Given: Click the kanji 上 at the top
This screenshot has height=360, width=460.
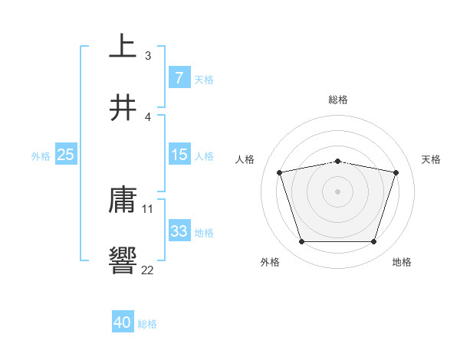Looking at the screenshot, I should tap(123, 47).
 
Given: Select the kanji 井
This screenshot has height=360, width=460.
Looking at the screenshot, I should tap(123, 108).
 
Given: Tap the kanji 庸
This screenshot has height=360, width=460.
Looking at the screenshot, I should tap(123, 200).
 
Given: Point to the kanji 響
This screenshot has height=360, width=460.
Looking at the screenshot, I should tap(123, 261).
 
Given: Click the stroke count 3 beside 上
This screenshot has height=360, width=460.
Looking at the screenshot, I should tap(148, 56).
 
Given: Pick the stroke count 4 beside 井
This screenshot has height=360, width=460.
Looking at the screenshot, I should tap(148, 117).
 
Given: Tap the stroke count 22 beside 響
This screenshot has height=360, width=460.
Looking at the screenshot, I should tap(148, 270).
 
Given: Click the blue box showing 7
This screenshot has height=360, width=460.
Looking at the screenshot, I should tap(179, 77).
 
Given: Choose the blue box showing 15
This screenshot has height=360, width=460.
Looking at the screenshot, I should tap(179, 155).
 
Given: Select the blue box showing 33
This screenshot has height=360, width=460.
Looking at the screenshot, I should tap(179, 231).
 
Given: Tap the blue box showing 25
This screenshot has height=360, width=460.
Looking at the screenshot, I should tap(65, 155).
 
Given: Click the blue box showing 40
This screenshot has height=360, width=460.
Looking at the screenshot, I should tap(123, 322).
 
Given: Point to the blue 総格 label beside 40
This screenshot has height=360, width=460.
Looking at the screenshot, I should tap(147, 324).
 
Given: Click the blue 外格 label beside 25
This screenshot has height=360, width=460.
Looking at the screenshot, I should tap(41, 156).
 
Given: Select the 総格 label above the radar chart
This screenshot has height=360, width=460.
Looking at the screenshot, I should tap(338, 100).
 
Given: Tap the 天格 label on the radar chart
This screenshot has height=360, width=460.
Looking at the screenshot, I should tap(432, 159).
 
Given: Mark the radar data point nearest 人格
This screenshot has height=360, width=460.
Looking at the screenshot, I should tap(280, 172).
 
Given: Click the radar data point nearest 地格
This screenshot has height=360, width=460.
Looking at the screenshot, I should tap(373, 242).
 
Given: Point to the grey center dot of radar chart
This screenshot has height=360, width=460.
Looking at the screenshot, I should tap(338, 191).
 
